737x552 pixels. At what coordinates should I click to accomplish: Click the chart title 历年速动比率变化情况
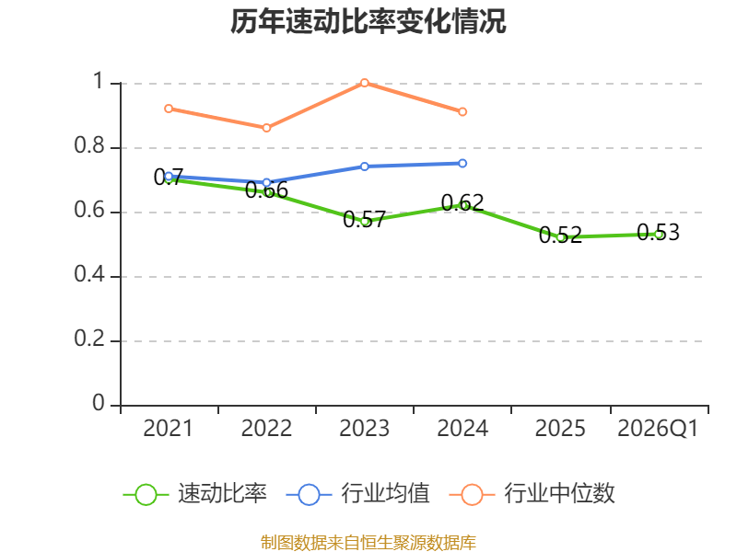368,21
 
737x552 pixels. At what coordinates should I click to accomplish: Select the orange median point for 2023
364,83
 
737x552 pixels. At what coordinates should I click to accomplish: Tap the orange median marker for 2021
169,109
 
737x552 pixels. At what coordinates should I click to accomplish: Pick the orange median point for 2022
266,128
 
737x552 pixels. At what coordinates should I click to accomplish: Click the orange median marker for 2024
462,111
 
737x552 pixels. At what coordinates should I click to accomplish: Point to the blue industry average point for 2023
364,167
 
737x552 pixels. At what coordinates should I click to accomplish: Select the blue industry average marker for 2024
462,164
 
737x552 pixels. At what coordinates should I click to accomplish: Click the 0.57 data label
364,219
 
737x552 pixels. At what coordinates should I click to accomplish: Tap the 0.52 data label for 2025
560,235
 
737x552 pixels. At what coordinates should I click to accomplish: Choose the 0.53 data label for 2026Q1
658,233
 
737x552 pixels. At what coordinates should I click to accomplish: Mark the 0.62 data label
462,202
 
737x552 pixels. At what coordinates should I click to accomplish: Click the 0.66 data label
266,190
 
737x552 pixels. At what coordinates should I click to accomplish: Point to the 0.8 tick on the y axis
89,145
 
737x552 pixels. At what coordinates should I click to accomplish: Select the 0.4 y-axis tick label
89,274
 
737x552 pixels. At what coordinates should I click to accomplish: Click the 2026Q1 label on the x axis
658,428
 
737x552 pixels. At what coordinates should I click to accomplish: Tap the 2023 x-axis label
364,428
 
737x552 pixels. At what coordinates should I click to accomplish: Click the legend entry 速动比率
194,494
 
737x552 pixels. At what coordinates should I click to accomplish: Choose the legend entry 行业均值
357,494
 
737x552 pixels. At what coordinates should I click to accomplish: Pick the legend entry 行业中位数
532,494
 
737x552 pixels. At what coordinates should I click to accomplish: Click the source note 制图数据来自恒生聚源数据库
368,542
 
